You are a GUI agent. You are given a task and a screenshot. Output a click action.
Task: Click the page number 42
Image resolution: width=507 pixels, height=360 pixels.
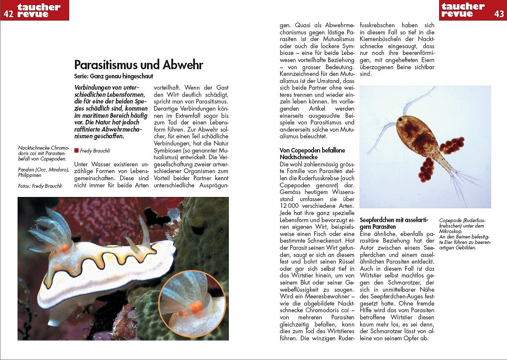(8, 13)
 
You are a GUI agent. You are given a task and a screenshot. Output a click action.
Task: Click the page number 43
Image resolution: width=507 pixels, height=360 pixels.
(499, 14)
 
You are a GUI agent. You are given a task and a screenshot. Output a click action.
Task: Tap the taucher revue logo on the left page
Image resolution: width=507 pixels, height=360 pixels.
(39, 10)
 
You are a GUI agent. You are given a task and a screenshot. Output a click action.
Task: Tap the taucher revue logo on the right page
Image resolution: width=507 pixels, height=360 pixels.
(463, 10)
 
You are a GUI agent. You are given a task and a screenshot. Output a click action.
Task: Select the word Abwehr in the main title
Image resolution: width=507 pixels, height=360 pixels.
(183, 65)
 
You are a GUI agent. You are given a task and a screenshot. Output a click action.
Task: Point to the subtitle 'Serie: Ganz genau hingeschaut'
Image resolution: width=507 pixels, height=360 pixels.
(114, 77)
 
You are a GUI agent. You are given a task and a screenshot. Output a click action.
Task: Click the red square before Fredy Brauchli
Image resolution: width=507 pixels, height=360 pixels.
(76, 150)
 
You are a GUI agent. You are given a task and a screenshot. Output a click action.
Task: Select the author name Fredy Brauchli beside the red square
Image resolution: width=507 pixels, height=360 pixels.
(95, 150)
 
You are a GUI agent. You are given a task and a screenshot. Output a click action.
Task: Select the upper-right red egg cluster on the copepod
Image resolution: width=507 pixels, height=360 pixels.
(452, 145)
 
